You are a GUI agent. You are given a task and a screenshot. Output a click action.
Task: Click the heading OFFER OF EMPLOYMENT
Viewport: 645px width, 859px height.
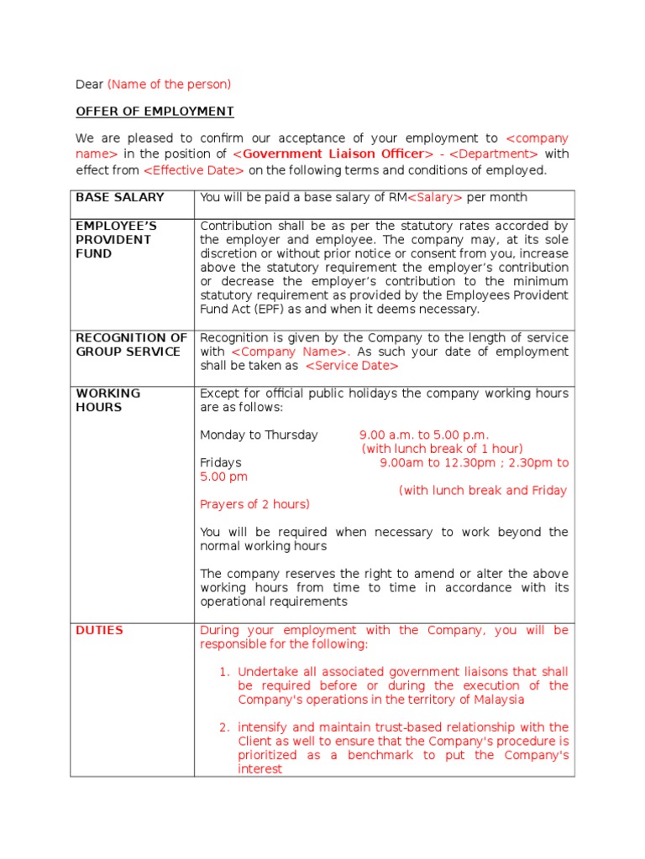coord(155,112)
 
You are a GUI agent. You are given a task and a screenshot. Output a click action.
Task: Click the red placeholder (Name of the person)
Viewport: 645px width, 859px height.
coord(169,84)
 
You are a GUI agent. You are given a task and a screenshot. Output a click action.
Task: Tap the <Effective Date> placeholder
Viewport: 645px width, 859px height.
coord(194,170)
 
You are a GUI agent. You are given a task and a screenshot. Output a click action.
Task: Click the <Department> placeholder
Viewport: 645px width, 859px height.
coord(499,154)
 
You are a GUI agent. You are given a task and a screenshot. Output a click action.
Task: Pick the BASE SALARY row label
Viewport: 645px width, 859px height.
coord(120,197)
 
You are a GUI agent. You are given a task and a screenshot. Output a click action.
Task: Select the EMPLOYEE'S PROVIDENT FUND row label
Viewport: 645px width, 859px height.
coord(115,240)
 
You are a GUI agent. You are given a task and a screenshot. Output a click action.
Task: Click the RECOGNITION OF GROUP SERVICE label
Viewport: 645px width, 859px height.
coord(131,344)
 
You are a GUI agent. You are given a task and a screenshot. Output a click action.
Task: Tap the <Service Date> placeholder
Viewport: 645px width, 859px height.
coord(352,366)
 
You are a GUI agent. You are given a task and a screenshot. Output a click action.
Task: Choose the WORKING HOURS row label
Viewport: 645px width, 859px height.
coord(108,400)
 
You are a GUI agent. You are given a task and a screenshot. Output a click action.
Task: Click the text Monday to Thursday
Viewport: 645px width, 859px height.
coord(259,435)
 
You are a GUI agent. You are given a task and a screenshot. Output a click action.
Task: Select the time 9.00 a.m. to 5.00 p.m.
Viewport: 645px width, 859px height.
coord(423,435)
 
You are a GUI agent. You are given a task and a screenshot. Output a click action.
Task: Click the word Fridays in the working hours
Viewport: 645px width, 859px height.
coord(221,462)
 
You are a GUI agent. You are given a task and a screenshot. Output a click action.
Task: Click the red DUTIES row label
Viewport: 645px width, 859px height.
coord(99,630)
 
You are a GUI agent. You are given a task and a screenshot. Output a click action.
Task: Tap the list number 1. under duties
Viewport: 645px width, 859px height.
coord(223,672)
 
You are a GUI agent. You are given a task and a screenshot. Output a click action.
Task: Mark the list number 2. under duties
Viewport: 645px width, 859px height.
coord(223,727)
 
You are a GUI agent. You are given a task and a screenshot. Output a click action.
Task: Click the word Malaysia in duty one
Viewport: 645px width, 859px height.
coord(498,700)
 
